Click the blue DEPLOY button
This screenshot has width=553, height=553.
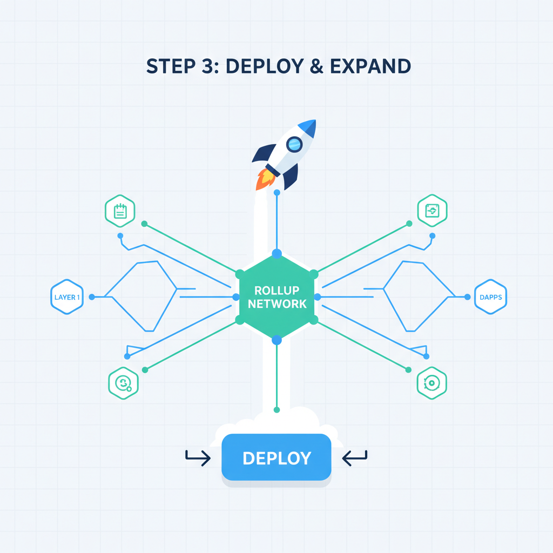pos(276,457)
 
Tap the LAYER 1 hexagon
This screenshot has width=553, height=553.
pos(67,297)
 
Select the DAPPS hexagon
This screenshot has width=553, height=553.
pos(490,297)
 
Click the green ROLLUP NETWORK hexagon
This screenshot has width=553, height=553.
pos(276,296)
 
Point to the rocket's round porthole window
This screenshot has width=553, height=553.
pos(294,144)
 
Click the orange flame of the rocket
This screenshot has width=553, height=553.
pos(264,179)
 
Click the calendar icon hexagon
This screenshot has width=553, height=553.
pos(120,211)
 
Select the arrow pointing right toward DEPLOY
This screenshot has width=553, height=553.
pos(198,458)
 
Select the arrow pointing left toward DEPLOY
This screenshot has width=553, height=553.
pos(355,458)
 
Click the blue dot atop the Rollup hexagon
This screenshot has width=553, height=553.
pos(276,253)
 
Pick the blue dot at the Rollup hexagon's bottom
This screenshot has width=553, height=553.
pos(276,340)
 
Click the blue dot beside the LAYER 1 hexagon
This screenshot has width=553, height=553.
pos(92,297)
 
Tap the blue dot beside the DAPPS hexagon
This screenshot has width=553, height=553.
pos(467,297)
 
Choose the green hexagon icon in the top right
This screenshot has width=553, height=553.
pos(432,211)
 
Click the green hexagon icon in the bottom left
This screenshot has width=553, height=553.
pos(124,383)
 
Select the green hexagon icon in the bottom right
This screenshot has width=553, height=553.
pos(432,383)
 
